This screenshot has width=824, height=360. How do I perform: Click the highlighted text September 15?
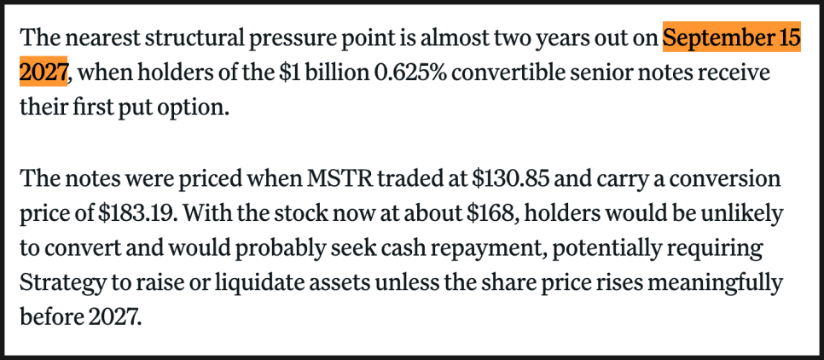pos(732,39)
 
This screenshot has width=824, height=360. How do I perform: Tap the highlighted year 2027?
pos(43,73)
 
